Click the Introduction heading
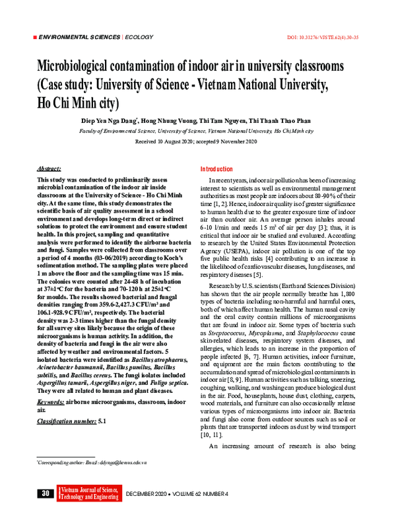[217, 169]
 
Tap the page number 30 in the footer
[46, 493]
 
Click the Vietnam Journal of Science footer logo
[89, 493]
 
